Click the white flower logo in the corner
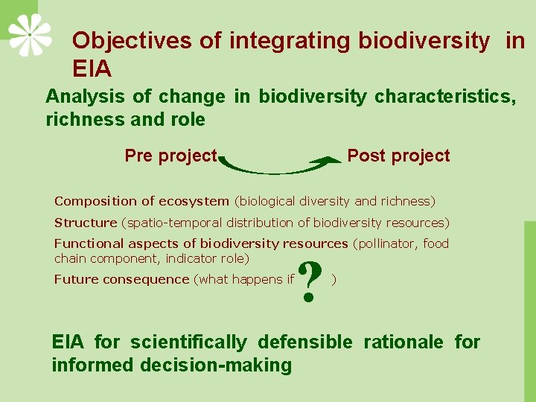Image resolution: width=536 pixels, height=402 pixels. pos(30,34)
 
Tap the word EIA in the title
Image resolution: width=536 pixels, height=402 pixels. pos(92,69)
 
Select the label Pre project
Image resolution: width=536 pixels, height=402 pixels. pos(170,156)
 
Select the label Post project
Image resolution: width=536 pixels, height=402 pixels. pos(398,156)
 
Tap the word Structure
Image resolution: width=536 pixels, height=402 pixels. pos(86,223)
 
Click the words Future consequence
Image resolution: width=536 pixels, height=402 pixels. pos(121,279)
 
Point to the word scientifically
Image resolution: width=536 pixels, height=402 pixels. pos(188,342)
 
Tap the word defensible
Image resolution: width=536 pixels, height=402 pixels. pos(304,342)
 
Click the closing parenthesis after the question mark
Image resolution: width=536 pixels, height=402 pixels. pos(334,279)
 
